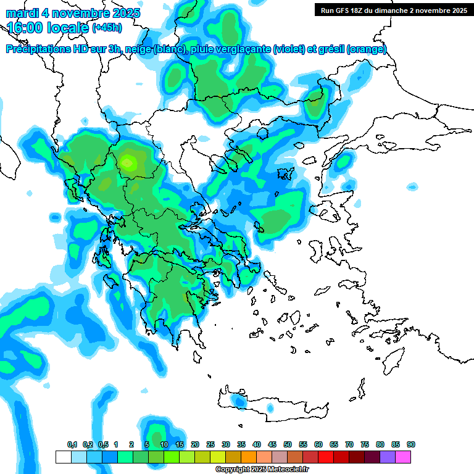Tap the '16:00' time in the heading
point(25,28)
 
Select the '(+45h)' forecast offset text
point(108,28)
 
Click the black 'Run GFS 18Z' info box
point(393,10)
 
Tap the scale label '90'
point(411,444)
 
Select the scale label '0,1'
point(72,444)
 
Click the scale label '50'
point(288,444)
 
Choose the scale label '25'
point(210,444)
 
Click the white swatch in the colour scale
point(63,457)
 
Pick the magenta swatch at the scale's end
point(403,457)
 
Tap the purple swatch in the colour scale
point(388,457)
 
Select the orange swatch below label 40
point(249,457)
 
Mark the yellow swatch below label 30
point(218,457)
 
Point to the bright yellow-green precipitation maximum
point(128,162)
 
